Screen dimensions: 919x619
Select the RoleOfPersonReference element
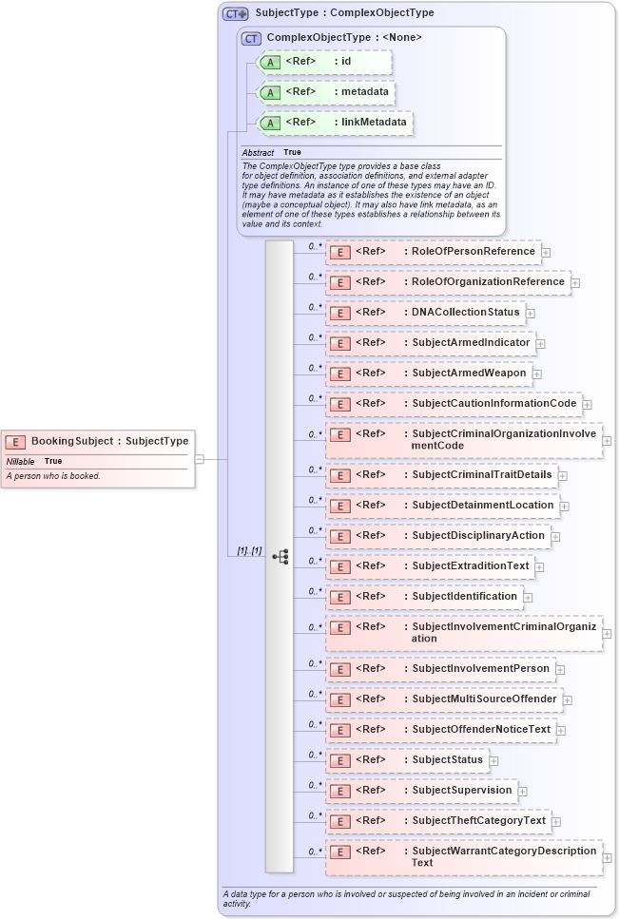[473, 252]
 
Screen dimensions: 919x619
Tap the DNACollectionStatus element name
[465, 313]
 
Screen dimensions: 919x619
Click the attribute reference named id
[346, 62]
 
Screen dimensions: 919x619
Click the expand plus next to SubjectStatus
[493, 760]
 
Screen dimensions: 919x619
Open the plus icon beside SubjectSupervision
[523, 791]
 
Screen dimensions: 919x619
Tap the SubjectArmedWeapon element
[469, 373]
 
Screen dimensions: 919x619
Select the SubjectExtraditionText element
[470, 566]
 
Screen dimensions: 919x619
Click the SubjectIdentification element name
[464, 597]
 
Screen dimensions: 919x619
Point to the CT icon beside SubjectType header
[235, 13]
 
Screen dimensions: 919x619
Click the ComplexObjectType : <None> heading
[344, 38]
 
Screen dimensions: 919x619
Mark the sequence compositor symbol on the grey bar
[280, 557]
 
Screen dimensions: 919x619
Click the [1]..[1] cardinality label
[249, 551]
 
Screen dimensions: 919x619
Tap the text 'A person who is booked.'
[53, 476]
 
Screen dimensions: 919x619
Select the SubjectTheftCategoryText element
[478, 821]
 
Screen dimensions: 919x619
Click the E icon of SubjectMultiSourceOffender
[340, 700]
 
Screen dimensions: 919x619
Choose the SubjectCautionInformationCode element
[493, 404]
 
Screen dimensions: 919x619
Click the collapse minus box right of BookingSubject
[199, 459]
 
